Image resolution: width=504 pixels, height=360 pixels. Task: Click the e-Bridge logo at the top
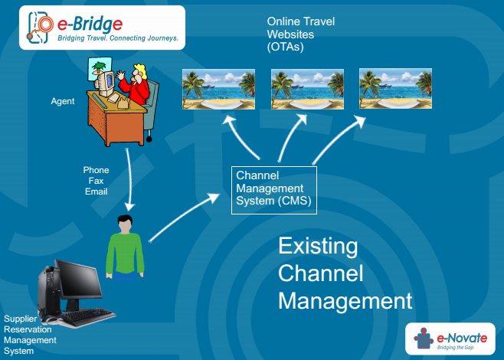(101, 28)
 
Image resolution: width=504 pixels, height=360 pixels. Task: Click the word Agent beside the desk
(63, 101)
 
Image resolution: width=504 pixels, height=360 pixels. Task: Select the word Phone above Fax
(96, 170)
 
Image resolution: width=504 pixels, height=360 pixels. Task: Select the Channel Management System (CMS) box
(273, 188)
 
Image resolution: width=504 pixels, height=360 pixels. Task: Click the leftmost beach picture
(218, 89)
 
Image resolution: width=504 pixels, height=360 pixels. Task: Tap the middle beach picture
(307, 89)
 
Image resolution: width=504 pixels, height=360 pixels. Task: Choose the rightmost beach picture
(395, 89)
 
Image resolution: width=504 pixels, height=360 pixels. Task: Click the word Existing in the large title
(318, 247)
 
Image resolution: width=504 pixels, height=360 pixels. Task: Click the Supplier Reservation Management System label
(31, 335)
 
